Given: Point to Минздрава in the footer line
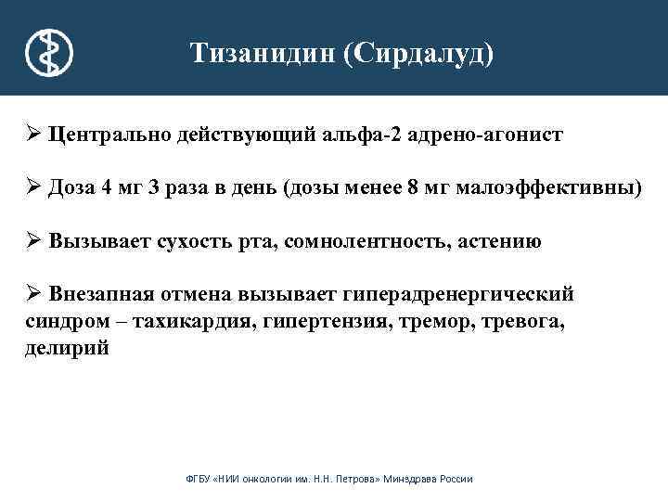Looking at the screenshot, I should click(414, 479).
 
